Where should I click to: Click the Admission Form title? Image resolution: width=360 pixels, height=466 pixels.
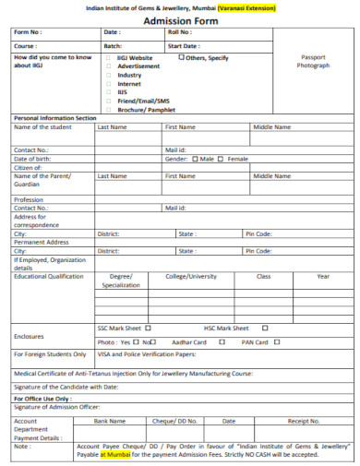[180, 19]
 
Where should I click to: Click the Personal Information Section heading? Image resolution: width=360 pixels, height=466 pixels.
[54, 118]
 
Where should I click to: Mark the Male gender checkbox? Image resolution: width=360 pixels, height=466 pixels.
[195, 158]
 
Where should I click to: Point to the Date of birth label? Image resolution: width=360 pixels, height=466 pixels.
[32, 158]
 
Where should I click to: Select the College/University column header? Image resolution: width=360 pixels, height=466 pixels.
[191, 276]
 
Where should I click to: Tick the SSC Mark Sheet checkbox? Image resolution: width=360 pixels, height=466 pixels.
[149, 328]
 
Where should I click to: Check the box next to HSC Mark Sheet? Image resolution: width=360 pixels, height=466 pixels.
[266, 328]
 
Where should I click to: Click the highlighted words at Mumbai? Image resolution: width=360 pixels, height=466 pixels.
[116, 453]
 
